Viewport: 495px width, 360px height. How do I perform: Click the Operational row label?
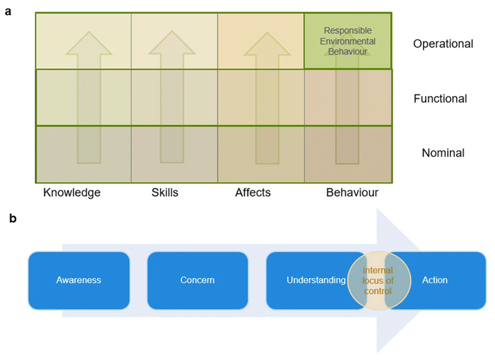[443, 44]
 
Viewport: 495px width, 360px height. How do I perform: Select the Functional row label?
[441, 99]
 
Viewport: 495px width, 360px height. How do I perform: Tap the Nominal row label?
[443, 153]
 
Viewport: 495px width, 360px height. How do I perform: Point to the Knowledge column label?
[72, 192]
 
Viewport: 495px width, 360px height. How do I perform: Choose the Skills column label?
[165, 192]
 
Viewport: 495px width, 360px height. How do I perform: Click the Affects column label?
[253, 192]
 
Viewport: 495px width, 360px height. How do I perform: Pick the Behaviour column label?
[352, 192]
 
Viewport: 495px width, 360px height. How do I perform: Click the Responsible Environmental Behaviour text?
[347, 41]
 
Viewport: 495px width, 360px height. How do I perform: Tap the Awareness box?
[79, 280]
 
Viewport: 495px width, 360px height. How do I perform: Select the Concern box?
[198, 280]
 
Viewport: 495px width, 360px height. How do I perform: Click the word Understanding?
[316, 280]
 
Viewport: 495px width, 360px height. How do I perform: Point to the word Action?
[435, 280]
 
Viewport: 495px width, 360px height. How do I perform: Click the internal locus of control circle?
[379, 280]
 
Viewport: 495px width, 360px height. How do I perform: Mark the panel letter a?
[8, 12]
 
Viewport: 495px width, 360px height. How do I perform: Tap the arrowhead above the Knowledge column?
[89, 43]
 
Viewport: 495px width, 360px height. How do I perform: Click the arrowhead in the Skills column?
[172, 43]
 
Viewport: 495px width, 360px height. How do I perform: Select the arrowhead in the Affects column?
[267, 44]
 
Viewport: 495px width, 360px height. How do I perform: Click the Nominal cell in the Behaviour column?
[348, 154]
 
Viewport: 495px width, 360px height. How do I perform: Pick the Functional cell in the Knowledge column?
[84, 97]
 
